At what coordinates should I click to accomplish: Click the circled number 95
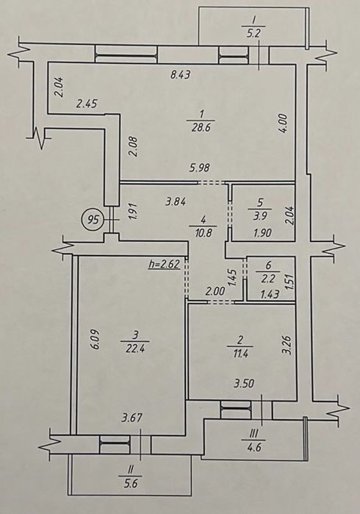tap(94, 219)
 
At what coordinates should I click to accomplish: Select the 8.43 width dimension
tap(181, 75)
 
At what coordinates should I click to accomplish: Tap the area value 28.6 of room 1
tap(201, 127)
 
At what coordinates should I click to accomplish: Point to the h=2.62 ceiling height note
tap(165, 264)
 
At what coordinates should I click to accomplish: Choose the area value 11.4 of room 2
tap(240, 354)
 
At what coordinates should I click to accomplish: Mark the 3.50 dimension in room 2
tap(245, 382)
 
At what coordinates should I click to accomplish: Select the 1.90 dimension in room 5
tap(262, 233)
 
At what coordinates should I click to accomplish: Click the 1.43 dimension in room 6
tap(269, 294)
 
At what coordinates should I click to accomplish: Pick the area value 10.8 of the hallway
tap(203, 234)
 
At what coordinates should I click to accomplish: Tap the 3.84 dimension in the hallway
tap(176, 201)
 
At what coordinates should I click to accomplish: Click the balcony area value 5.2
tap(253, 34)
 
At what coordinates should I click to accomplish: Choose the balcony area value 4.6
tap(254, 447)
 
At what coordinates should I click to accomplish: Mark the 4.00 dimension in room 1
tap(284, 124)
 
